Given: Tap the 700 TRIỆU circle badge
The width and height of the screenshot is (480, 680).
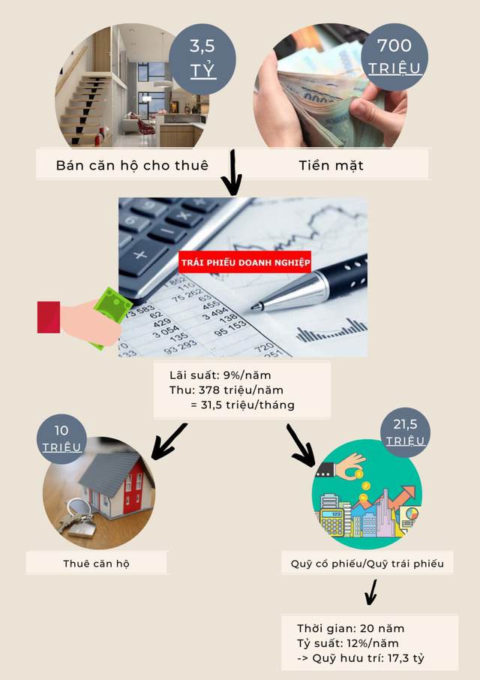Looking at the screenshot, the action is (x=394, y=57).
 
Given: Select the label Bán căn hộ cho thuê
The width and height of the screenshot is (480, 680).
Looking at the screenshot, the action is (x=132, y=165).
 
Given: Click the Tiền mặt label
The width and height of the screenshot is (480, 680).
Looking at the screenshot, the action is (x=331, y=165).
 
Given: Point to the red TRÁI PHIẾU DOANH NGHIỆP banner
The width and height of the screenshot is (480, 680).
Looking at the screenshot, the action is (x=244, y=263).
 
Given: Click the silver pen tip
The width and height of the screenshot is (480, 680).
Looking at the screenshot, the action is (x=252, y=308).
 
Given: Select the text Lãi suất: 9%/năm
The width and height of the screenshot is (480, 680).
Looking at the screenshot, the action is (x=220, y=375).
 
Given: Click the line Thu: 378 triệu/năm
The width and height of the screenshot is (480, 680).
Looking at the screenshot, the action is (x=226, y=390).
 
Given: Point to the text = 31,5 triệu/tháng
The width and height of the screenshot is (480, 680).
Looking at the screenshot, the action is (x=242, y=405).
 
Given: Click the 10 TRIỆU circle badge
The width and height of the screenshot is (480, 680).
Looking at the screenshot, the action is (x=61, y=439).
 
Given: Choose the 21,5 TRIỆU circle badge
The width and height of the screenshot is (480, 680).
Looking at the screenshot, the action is (x=405, y=432).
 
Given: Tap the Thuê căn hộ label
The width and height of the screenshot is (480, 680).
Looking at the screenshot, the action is (x=96, y=564).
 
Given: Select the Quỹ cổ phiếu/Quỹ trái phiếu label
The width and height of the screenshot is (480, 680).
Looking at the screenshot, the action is (x=367, y=564).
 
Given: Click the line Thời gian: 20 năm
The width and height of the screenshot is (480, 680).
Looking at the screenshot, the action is (x=350, y=628).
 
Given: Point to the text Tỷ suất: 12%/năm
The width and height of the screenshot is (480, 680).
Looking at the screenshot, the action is (x=347, y=643).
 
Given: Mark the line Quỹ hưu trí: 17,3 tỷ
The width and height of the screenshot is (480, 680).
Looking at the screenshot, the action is (x=367, y=658).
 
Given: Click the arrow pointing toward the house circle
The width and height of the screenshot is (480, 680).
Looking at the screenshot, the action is (x=168, y=441).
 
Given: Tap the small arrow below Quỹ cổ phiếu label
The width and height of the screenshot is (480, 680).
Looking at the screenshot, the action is (x=370, y=592).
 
